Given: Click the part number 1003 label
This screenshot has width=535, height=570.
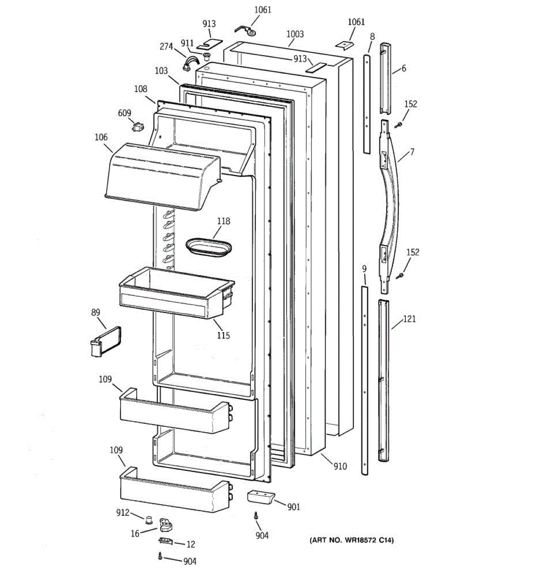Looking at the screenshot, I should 295,34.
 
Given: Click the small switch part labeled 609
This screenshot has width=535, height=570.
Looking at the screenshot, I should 137,127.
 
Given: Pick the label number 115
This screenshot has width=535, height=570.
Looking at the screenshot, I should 223,335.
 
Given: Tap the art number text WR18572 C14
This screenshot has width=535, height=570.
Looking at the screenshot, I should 352,540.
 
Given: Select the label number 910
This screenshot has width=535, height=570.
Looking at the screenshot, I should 340,466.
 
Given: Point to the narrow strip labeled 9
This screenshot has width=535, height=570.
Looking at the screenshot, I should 364,380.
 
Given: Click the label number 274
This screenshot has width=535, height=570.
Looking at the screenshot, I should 166,46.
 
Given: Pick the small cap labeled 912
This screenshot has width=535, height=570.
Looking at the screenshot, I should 149,518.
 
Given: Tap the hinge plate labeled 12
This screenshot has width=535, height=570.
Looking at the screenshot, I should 165,541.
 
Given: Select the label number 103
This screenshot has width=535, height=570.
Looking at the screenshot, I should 161,71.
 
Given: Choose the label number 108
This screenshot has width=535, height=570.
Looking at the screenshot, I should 140,89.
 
